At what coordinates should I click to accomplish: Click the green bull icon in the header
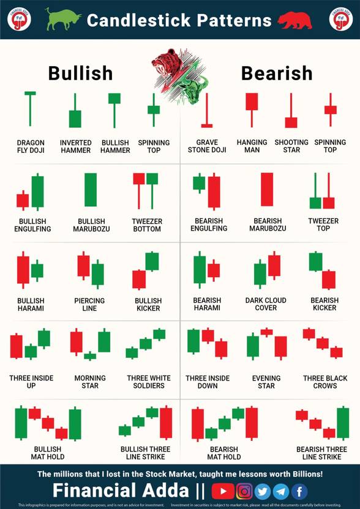tap(64, 20)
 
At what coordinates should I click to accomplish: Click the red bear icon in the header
tap(294, 21)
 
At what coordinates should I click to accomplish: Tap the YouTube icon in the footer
tap(223, 491)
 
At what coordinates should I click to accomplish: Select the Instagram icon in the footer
tap(244, 491)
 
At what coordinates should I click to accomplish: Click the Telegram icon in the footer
tap(281, 491)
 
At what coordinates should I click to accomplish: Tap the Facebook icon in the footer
tap(299, 491)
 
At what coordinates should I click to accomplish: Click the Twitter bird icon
tap(263, 491)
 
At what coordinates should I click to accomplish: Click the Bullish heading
tap(80, 73)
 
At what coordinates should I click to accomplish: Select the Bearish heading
tap(277, 73)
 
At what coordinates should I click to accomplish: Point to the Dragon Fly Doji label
tap(31, 146)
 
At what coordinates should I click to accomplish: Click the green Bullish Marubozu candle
tap(91, 190)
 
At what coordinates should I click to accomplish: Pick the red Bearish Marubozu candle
tap(267, 190)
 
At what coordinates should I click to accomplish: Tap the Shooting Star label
tap(291, 146)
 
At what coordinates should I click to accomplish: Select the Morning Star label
tap(90, 382)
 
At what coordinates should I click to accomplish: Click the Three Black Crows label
tap(324, 382)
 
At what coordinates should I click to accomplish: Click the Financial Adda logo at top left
tap(19, 19)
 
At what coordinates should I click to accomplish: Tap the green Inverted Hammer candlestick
tap(75, 117)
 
